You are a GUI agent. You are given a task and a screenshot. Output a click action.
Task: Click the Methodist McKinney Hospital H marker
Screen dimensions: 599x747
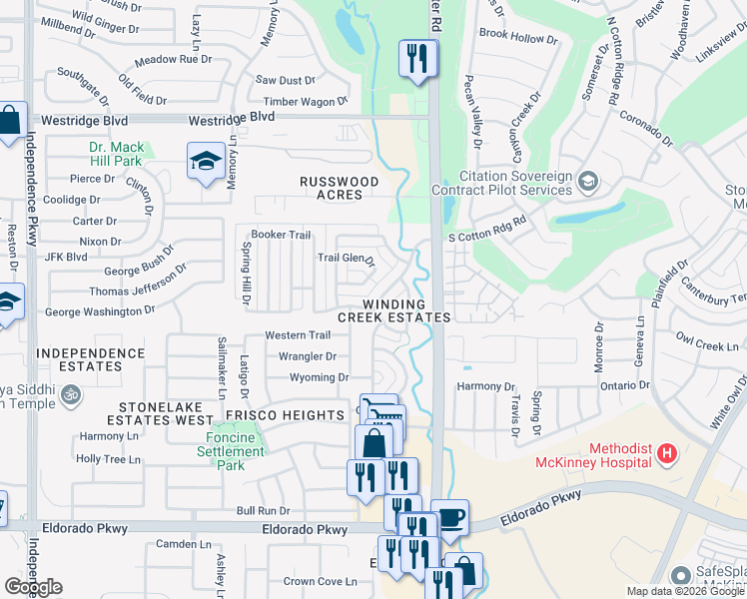[x=667, y=455]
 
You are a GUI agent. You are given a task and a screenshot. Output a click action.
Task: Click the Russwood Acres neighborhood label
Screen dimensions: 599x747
[x=341, y=188]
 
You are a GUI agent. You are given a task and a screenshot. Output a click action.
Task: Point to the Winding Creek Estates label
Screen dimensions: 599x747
[x=393, y=310]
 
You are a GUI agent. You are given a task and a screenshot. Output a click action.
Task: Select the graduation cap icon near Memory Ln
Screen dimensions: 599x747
[x=206, y=161]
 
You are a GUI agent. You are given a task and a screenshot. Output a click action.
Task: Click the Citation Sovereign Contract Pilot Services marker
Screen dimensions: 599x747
[x=588, y=181]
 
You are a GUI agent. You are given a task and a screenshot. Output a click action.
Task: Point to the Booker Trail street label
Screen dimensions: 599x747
[x=281, y=235]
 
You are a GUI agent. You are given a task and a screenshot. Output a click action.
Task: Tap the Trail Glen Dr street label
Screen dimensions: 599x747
[x=346, y=259]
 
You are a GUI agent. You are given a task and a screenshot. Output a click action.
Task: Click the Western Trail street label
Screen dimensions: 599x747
[x=298, y=335]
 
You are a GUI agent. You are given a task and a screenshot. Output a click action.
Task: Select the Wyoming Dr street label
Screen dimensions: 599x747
[x=320, y=377]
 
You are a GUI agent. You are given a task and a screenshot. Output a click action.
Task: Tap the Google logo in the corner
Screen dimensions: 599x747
[x=33, y=587]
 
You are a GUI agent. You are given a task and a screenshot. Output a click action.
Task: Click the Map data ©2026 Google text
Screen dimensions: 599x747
[x=685, y=591]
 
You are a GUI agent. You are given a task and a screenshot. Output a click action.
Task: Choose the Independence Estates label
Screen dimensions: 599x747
[x=90, y=360]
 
